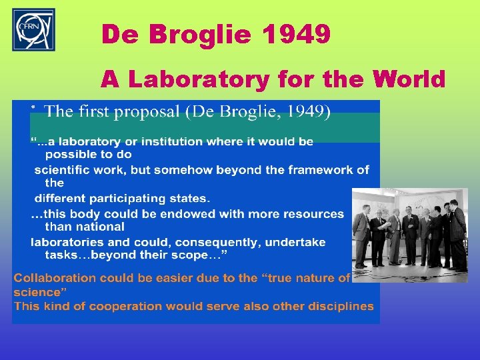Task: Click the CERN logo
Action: click(x=33, y=30)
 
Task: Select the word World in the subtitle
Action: click(x=409, y=79)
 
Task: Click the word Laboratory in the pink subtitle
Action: click(x=199, y=79)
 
